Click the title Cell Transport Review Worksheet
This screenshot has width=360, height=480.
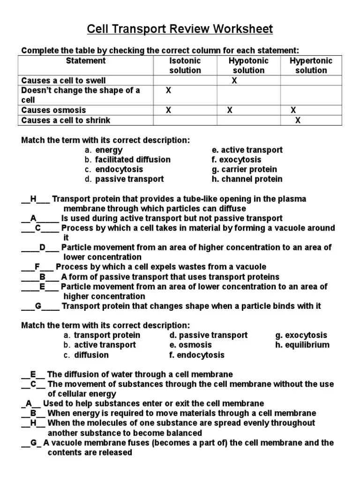180,30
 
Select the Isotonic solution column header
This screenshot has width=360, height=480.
185,66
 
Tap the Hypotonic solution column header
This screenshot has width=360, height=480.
248,66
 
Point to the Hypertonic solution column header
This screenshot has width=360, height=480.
311,66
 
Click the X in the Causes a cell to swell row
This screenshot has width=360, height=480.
234,81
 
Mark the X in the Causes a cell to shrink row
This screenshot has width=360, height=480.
297,120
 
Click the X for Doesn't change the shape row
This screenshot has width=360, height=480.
169,90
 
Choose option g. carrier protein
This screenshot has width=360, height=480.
244,169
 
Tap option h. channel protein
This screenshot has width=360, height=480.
247,179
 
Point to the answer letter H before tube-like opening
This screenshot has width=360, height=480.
33,199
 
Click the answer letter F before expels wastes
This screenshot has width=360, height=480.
37,267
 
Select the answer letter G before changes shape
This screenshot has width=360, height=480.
38,306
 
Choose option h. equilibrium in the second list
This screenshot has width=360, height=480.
302,345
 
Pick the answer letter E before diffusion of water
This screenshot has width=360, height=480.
33,374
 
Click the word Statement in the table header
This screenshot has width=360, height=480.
86,61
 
